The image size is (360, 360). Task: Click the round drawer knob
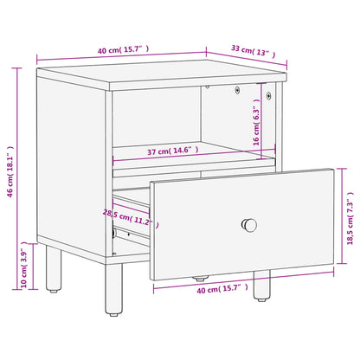tap(249, 225)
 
